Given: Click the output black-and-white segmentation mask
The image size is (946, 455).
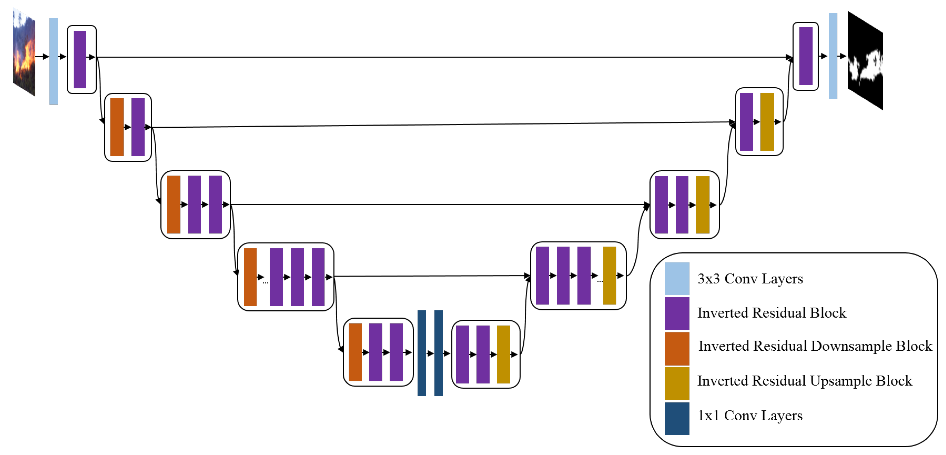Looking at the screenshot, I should click(x=865, y=61).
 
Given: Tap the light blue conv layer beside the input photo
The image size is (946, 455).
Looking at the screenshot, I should click(x=54, y=61).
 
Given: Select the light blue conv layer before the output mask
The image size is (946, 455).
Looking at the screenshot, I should click(x=833, y=56).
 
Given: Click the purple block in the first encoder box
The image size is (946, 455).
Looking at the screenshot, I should click(x=80, y=60).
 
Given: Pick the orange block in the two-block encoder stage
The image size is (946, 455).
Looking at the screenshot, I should click(x=117, y=127).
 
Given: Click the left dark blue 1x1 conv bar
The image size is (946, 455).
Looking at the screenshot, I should click(x=422, y=353).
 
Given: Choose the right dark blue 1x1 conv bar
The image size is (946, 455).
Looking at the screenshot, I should click(x=438, y=353).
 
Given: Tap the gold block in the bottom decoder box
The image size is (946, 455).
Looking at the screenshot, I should click(x=504, y=354).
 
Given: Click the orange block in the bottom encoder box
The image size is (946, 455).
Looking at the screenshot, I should click(x=355, y=352).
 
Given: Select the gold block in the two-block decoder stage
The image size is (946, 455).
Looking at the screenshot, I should click(x=767, y=122).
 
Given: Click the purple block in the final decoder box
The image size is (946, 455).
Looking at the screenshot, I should click(x=806, y=56).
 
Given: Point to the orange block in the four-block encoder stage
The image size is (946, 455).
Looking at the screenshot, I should click(x=250, y=277).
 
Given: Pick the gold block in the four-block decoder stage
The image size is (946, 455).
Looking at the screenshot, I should click(x=609, y=275).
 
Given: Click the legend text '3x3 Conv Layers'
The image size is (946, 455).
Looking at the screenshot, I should click(x=750, y=279).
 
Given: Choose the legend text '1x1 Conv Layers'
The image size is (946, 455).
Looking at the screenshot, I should click(x=750, y=415).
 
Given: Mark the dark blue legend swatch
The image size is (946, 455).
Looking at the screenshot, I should click(x=677, y=419).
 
